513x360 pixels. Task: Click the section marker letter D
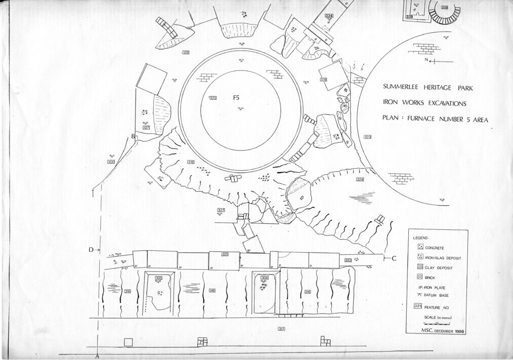click(92, 249)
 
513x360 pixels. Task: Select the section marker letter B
click(133, 136)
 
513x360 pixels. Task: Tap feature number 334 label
click(329, 16)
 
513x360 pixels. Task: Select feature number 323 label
click(367, 137)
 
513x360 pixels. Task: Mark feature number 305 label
click(159, 278)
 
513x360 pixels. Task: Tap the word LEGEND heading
click(421, 237)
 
